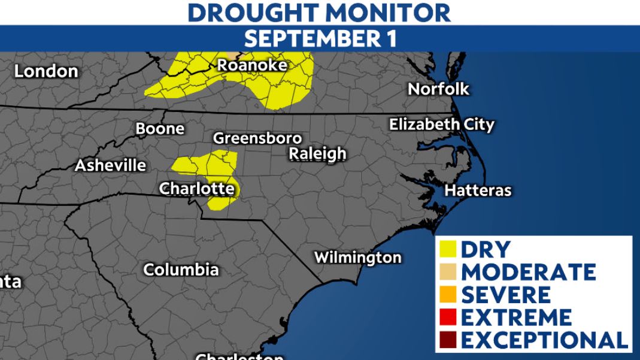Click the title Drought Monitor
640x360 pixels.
319,12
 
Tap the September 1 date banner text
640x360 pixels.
320,38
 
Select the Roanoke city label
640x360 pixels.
252,65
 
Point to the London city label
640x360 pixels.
46,71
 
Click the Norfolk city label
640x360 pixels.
438,89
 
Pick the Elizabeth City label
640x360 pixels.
441,125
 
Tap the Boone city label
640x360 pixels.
160,129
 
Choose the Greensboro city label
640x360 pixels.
257,138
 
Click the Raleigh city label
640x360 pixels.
317,154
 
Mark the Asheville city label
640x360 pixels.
110,165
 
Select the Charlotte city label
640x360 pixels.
197,189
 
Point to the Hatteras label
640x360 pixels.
478,190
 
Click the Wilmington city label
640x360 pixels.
357,258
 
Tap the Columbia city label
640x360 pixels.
181,270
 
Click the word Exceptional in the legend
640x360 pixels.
544,340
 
